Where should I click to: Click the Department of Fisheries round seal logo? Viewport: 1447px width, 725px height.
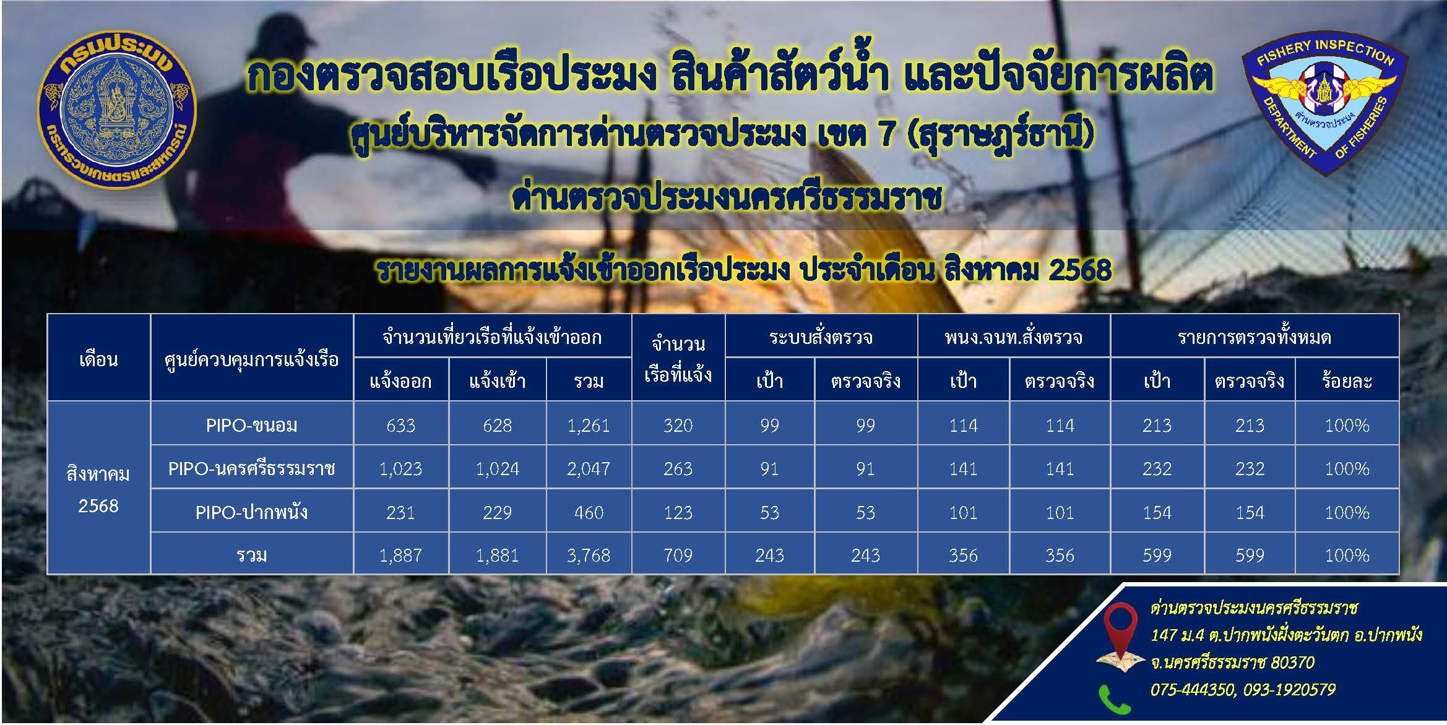117,111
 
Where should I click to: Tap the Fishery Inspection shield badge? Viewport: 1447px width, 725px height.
1324,102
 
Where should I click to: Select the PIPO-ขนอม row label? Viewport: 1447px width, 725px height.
251,426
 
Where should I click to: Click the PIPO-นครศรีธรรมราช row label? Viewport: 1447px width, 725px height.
251,469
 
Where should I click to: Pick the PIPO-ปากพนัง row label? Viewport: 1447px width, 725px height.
251,512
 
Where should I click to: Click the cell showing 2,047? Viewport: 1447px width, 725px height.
588,469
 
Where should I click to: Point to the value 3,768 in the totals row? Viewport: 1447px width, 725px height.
588,556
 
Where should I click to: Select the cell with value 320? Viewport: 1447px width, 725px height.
678,426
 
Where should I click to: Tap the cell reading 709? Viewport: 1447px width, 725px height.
678,556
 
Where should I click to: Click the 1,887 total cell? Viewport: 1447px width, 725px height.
400,556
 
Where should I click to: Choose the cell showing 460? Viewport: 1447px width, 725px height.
588,512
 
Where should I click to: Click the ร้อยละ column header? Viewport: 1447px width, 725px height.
1347,380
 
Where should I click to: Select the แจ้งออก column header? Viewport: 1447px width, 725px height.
400,380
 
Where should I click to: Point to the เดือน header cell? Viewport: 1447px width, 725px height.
98,359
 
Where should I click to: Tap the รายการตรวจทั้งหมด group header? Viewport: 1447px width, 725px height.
1254,337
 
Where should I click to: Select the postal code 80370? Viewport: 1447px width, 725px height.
1292,663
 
